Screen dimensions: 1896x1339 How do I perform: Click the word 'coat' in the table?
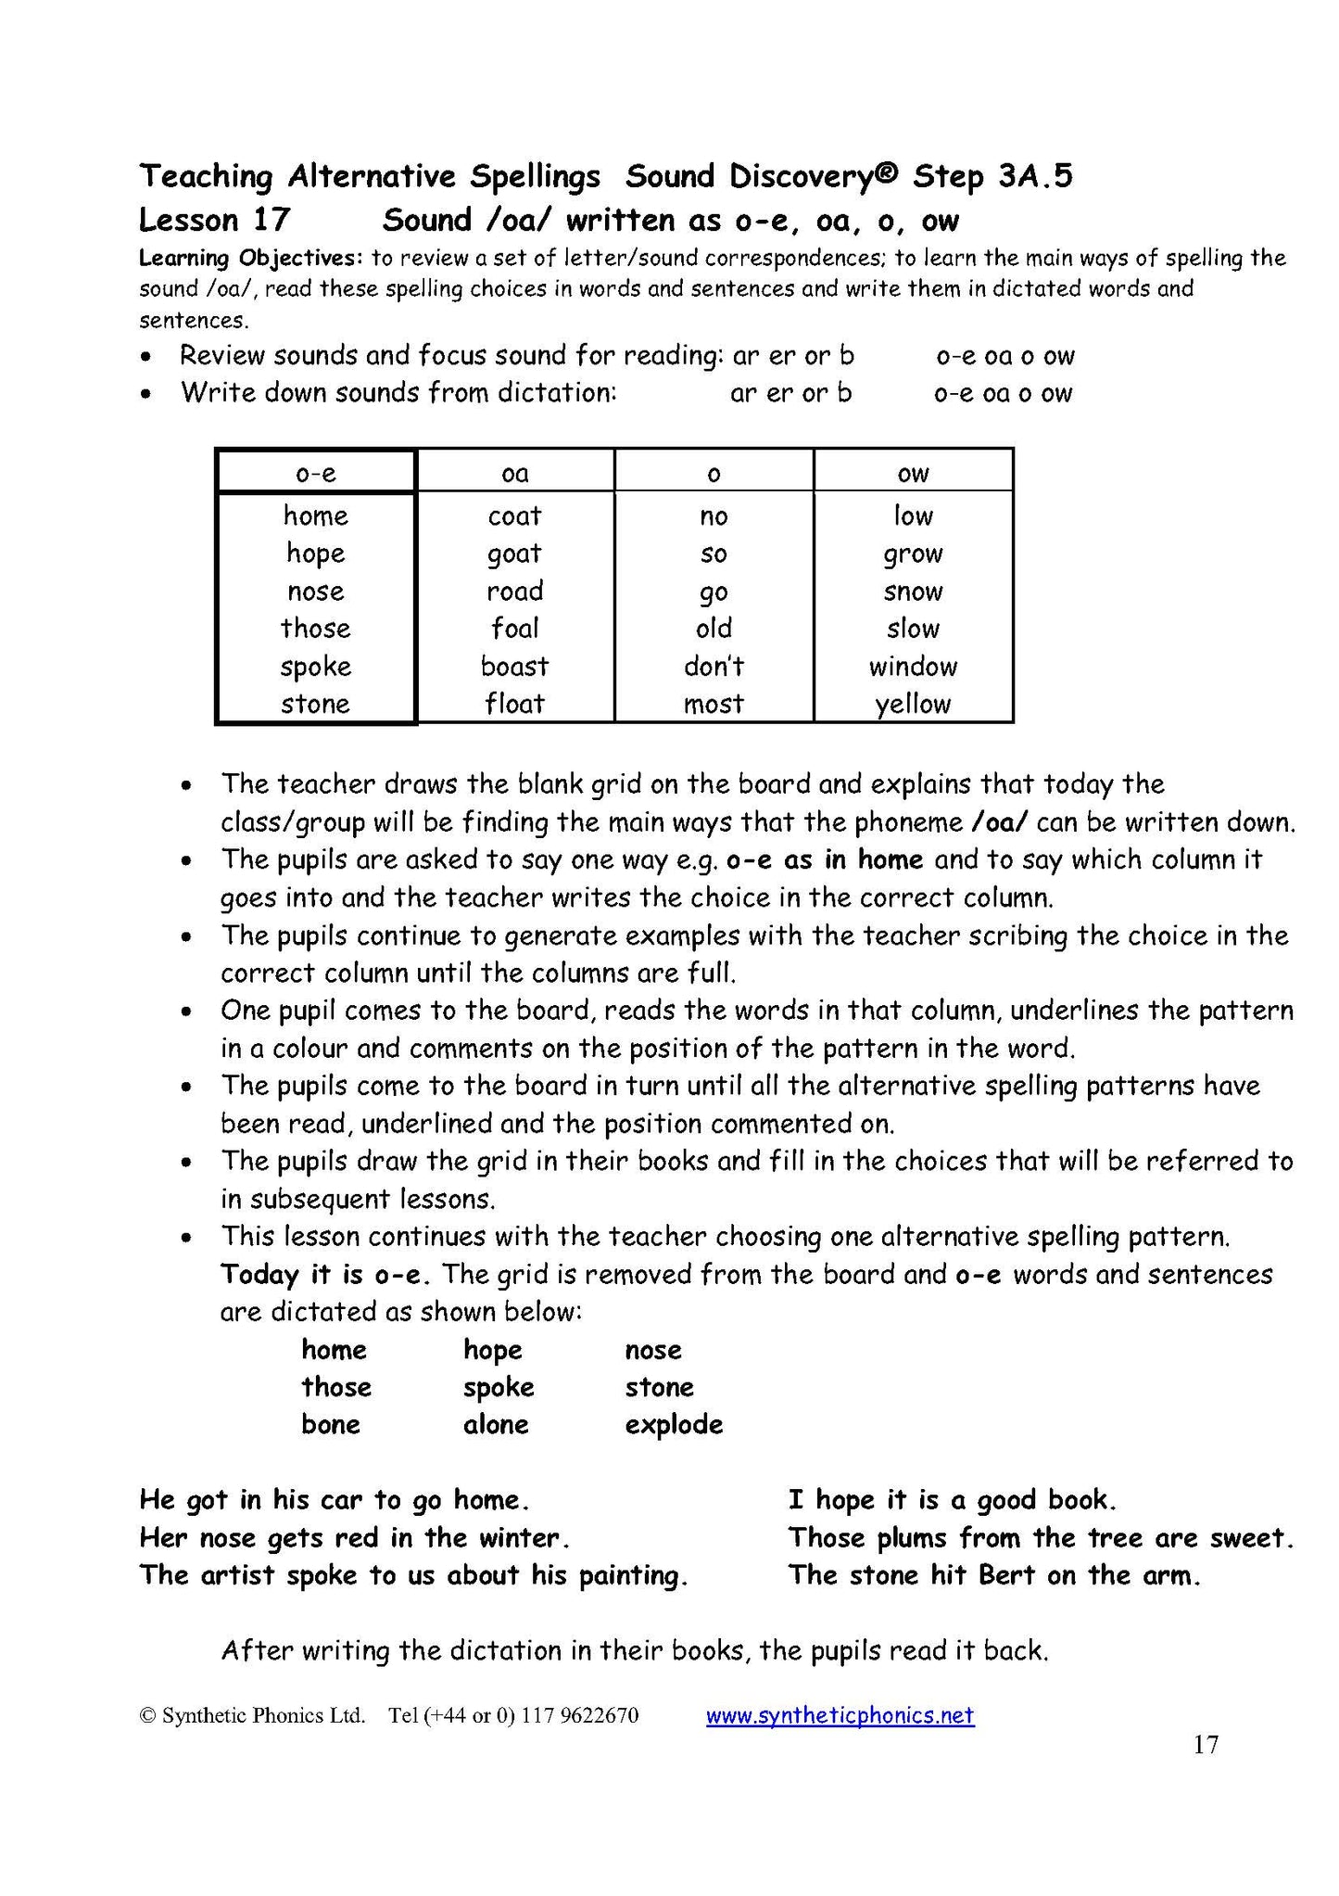tap(514, 515)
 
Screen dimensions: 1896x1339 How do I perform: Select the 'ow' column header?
tap(913, 474)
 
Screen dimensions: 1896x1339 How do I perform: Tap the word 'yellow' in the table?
tap(913, 705)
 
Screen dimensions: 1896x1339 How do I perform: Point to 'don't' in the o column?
tap(714, 666)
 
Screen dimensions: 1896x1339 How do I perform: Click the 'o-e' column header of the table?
tap(315, 474)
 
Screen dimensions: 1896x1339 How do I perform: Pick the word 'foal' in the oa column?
tap(514, 629)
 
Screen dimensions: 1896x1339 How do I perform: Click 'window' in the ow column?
tap(913, 666)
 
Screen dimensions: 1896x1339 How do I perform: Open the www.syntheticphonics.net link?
tap(840, 1715)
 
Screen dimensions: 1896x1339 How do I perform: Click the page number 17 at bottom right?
tap(1205, 1745)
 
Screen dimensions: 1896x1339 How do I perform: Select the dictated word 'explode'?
tap(674, 1425)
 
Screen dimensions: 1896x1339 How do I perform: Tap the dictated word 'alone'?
tap(496, 1425)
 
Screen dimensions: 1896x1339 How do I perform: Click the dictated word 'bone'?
tap(331, 1425)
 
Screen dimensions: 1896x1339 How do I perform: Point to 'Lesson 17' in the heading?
tap(214, 221)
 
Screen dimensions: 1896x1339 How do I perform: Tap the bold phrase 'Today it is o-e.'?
tap(325, 1275)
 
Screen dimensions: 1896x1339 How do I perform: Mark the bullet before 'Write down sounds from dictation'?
tap(145, 395)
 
